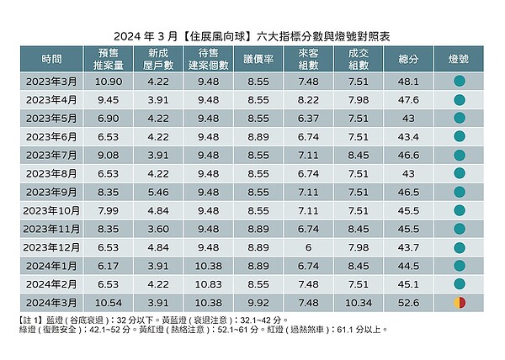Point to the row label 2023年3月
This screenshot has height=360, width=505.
click(52, 82)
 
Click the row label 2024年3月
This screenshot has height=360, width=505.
click(52, 302)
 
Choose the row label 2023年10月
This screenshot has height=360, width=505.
click(50, 210)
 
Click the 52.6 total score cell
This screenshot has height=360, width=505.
click(409, 302)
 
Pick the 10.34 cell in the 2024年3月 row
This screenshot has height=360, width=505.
click(359, 302)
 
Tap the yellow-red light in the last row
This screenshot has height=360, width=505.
click(459, 302)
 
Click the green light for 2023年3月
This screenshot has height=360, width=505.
click(459, 82)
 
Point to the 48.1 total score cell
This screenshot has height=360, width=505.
click(409, 82)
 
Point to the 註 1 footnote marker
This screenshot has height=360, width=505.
click(31, 320)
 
